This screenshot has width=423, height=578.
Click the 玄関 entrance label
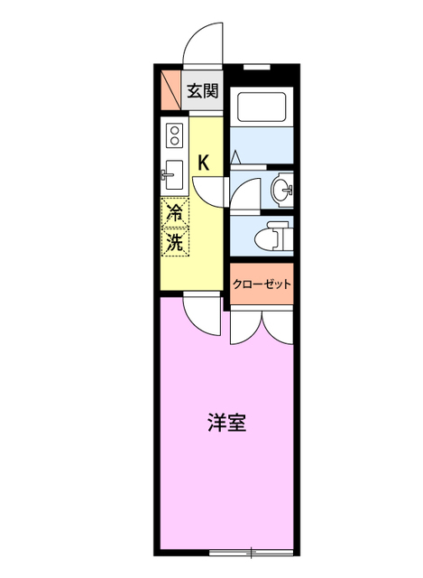203,90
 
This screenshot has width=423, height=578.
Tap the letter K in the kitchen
204,163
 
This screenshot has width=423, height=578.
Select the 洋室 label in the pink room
228,422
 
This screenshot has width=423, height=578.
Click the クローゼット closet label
262,284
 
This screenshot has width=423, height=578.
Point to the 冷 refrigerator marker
176,214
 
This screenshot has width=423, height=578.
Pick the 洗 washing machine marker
176,242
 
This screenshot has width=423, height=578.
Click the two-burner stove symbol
174,136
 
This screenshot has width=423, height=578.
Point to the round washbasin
281,190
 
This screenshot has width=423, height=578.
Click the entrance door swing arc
200,45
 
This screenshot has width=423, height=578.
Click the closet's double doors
261,327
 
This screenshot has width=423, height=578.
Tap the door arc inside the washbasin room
244,193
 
